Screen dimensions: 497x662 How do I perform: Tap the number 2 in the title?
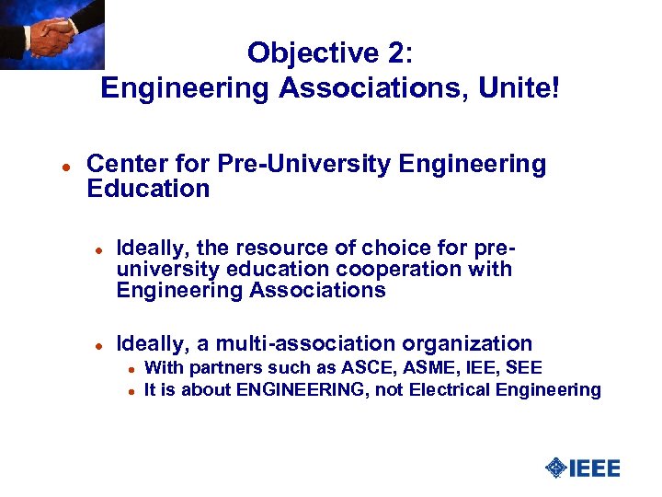click(396, 52)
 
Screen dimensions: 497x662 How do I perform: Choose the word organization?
click(475, 344)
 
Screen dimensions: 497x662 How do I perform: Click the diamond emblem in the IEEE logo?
click(555, 468)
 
